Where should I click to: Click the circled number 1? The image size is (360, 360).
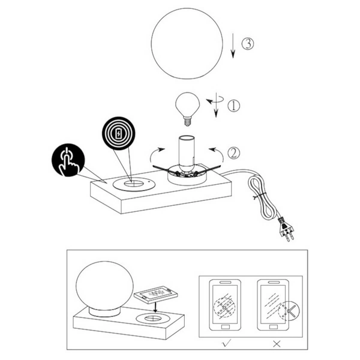coord(234,106)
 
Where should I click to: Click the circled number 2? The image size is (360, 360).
coord(234,154)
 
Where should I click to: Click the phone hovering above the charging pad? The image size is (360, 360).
coord(155,295)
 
